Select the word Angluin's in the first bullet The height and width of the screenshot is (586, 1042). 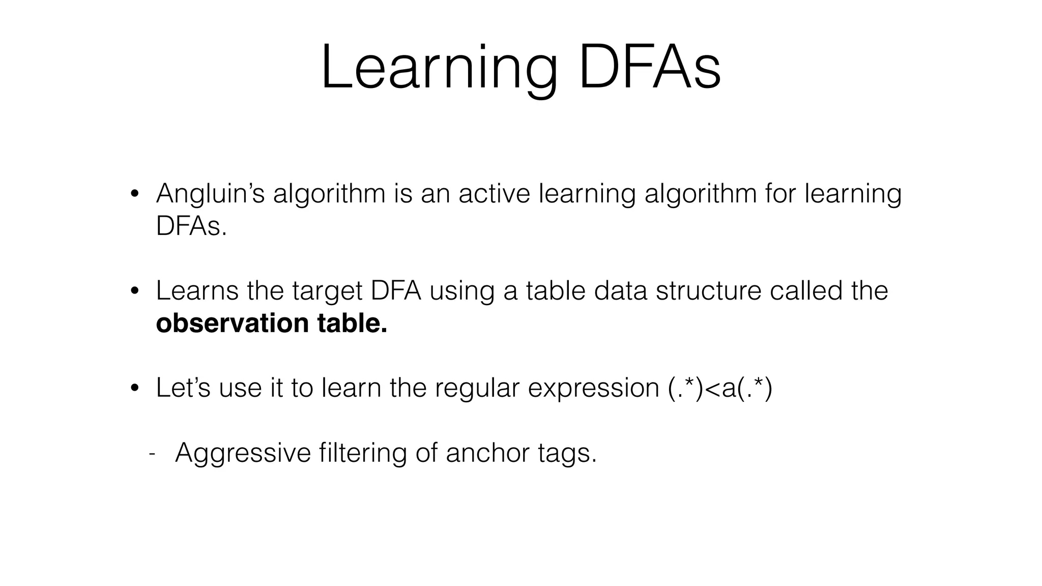(210, 194)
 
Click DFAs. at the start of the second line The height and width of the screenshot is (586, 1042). (191, 226)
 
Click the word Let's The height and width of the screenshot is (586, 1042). (183, 388)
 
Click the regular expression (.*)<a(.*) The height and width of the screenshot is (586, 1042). (719, 389)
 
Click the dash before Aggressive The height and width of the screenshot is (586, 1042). (152, 453)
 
